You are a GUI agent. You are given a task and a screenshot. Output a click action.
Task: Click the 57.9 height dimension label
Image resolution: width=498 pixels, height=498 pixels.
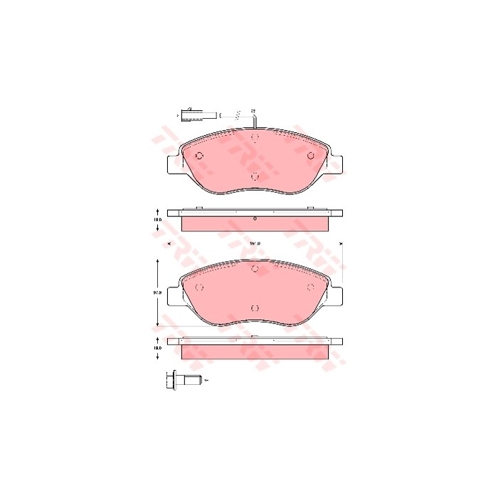(x=158, y=292)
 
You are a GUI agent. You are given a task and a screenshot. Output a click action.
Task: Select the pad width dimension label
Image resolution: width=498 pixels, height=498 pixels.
(x=254, y=244)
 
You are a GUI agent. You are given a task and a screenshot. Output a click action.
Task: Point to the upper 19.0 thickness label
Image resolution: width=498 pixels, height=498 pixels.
(x=158, y=221)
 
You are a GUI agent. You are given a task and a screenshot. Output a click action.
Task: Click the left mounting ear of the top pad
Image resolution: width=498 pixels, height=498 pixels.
(x=173, y=164)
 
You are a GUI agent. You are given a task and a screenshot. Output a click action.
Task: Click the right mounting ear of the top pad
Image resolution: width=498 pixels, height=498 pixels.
(x=336, y=164)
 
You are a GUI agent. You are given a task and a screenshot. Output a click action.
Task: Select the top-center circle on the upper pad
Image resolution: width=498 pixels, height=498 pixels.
(x=255, y=137)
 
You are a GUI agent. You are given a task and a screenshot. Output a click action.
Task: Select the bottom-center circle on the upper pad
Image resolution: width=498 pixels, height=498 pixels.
(x=255, y=177)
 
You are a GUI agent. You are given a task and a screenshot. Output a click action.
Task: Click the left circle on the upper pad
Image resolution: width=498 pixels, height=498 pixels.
(x=199, y=157)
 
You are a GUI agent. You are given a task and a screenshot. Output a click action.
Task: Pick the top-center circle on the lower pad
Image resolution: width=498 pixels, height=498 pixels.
(x=255, y=268)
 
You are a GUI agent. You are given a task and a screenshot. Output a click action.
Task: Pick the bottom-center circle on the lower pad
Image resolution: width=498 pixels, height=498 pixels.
(x=255, y=308)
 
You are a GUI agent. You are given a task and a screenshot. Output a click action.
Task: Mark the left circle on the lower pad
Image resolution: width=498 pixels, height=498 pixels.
(x=199, y=287)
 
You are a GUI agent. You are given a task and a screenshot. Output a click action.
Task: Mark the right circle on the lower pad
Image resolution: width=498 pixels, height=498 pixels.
(x=310, y=287)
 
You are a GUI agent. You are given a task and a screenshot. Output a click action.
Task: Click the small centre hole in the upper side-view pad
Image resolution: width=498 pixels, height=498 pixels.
(x=255, y=220)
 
